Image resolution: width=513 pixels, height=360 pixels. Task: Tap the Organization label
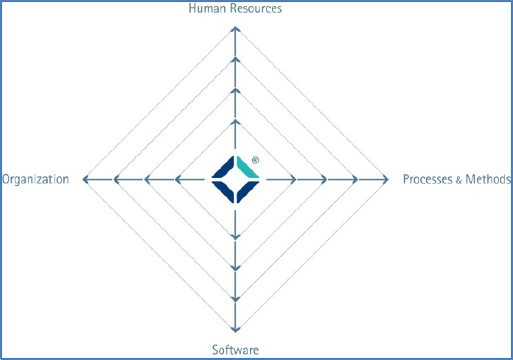point(35,179)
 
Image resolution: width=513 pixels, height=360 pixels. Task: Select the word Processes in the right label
point(427,179)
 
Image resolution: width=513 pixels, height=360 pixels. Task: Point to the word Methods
point(488,179)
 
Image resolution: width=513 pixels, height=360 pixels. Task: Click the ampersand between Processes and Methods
point(458,180)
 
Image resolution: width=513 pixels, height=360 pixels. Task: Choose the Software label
point(236,350)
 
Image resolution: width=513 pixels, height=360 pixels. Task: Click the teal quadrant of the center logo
point(247,167)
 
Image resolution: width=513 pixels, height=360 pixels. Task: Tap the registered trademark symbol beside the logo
point(256,160)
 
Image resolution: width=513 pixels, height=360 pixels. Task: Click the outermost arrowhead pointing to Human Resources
point(235,30)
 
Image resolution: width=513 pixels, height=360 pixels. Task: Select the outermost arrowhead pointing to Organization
point(85,179)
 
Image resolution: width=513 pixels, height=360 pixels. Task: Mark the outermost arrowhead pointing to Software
point(235,329)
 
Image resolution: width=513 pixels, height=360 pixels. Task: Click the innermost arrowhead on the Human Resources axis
point(235,122)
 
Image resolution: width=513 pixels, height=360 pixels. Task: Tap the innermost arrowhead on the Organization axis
point(178,179)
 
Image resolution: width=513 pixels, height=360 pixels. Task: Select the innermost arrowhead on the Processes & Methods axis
point(293,179)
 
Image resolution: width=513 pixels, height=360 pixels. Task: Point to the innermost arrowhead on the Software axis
point(235,237)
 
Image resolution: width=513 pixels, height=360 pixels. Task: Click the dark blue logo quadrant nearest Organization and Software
point(224,191)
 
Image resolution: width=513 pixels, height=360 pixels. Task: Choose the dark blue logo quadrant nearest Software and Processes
point(247,191)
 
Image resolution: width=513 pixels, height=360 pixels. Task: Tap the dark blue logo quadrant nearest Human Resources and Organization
point(224,167)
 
